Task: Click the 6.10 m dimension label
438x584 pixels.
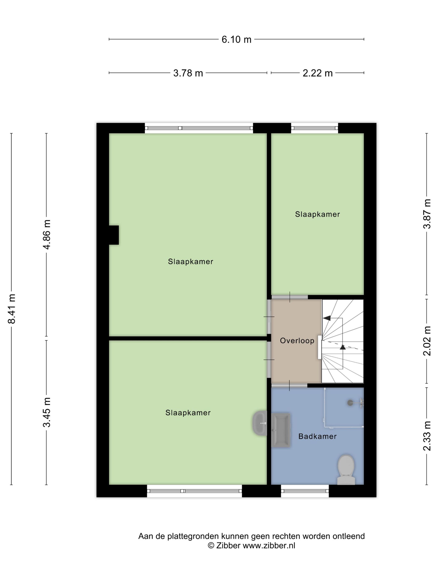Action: coord(236,39)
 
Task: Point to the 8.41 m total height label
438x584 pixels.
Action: coord(12,308)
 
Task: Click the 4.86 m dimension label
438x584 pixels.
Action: coord(47,234)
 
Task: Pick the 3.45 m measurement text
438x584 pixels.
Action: coord(47,412)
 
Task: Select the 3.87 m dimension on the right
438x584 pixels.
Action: coord(427,214)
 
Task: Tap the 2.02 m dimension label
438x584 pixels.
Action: coord(427,341)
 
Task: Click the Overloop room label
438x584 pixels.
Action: coord(297,341)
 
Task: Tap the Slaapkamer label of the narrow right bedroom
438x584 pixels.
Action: coord(317,214)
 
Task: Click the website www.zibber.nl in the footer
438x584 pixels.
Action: coord(269,545)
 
